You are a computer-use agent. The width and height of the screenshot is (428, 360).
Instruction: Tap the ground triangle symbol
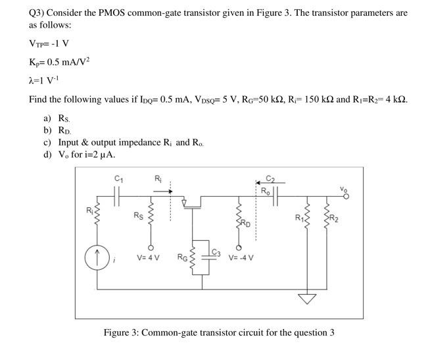pyautogui.click(x=304, y=299)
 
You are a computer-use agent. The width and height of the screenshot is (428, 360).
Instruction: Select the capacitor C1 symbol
pyautogui.click(x=118, y=195)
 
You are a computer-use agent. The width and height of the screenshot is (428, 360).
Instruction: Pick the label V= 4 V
pyautogui.click(x=149, y=257)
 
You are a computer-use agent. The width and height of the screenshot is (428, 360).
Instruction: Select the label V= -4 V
pyautogui.click(x=241, y=257)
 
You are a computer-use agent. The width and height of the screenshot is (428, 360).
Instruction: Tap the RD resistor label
pyautogui.click(x=245, y=222)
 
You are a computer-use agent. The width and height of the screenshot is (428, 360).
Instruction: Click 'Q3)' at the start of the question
pyautogui.click(x=37, y=13)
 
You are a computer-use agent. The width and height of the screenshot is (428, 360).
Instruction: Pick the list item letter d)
pyautogui.click(x=47, y=154)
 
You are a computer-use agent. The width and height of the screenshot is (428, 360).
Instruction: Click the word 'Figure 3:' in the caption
pyautogui.click(x=122, y=332)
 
